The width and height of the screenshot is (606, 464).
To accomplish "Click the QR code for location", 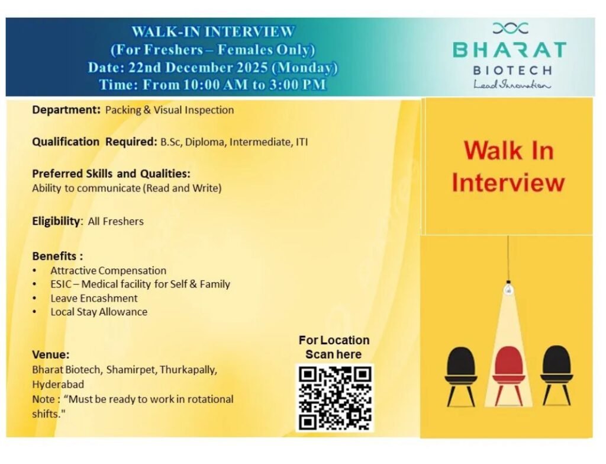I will (x=334, y=397).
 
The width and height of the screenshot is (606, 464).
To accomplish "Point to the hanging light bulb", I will (x=507, y=289).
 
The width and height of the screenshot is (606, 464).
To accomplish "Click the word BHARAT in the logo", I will (x=510, y=49).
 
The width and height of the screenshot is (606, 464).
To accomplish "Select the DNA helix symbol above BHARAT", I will (x=510, y=27).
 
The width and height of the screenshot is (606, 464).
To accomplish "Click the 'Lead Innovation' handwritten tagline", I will (x=511, y=85).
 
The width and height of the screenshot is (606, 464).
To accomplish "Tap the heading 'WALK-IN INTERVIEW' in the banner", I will (x=212, y=31).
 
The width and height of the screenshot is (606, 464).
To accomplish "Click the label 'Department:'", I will (x=66, y=110).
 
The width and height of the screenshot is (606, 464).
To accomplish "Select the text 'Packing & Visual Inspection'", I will (x=169, y=110).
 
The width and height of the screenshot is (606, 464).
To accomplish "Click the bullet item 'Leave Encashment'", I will (x=94, y=298).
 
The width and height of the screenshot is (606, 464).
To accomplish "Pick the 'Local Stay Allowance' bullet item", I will (x=99, y=312).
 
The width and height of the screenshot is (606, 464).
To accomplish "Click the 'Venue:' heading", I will (x=51, y=355).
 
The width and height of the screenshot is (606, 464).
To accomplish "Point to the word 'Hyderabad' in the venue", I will (x=58, y=384).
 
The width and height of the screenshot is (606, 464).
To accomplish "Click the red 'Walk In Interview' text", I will (x=508, y=166).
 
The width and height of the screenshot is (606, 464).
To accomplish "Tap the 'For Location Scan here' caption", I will (x=334, y=347).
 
